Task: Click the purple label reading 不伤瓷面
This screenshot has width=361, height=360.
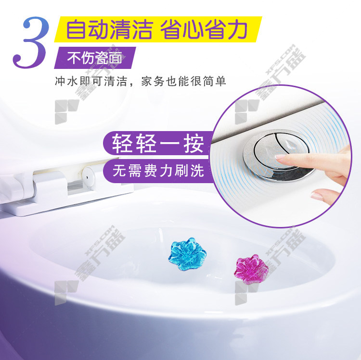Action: pyautogui.click(x=95, y=58)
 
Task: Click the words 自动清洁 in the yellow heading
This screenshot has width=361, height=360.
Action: pyautogui.click(x=110, y=30)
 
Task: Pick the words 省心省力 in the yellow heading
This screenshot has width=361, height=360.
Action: pyautogui.click(x=204, y=30)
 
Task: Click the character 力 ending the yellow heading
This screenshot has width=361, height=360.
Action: pyautogui.click(x=237, y=30)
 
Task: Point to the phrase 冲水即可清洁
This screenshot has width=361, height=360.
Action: pyautogui.click(x=91, y=81)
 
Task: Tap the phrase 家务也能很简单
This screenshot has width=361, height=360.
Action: pyautogui.click(x=184, y=81)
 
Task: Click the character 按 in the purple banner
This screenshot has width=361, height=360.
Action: pyautogui.click(x=194, y=144)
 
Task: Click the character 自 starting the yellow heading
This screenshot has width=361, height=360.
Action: pyautogui.click(x=77, y=30)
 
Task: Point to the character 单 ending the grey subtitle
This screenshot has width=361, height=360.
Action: pyautogui.click(x=221, y=81)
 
